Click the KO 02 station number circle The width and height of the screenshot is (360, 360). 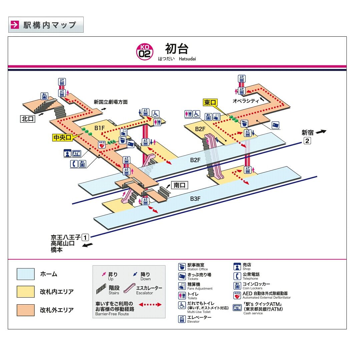tap(145, 52)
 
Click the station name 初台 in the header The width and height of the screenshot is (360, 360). tap(177, 49)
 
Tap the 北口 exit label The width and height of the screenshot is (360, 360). tap(28, 119)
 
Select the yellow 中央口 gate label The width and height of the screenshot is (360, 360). tap(62, 137)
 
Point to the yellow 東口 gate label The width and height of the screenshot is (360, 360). tap(210, 102)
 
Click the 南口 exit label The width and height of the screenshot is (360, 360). tap(180, 185)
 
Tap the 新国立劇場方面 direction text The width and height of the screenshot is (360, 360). tap(111, 102)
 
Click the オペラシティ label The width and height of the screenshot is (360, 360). tap(246, 101)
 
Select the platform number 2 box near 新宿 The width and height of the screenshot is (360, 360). tap(307, 140)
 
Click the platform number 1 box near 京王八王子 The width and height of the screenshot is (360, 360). tap(85, 237)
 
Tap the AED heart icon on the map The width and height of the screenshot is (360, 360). tap(102, 145)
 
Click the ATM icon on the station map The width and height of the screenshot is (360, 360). tap(76, 153)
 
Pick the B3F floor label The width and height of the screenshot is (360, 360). tap(195, 199)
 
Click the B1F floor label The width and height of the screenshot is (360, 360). tap(100, 128)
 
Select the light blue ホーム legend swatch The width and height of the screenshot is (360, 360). tap(26, 274)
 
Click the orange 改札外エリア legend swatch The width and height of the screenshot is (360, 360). tap(26, 310)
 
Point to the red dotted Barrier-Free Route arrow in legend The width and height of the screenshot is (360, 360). tap(150, 305)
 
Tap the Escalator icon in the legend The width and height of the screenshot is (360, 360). tap(129, 288)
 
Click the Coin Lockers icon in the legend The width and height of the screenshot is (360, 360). tap(237, 286)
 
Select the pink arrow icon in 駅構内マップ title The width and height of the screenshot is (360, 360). tap(15, 25)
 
